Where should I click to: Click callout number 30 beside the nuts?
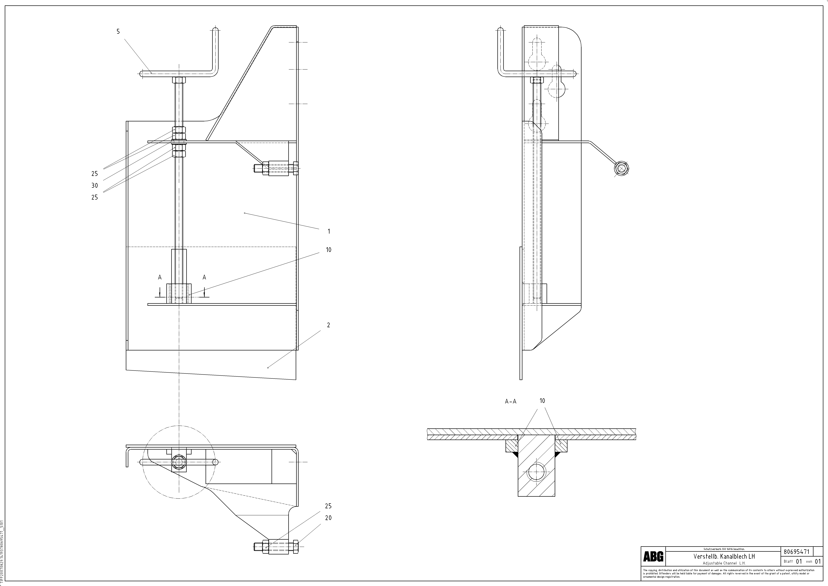pyautogui.click(x=95, y=185)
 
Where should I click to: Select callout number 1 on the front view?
pyautogui.click(x=328, y=231)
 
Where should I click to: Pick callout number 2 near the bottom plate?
pyautogui.click(x=328, y=325)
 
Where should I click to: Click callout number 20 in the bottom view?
pyautogui.click(x=328, y=518)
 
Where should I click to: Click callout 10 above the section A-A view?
pyautogui.click(x=542, y=401)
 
